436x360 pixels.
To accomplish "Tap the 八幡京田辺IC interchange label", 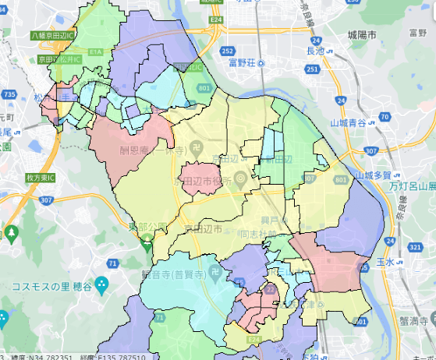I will [52, 36].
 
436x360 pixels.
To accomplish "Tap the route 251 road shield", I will [312, 69].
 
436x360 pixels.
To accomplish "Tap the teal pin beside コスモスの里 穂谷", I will [100, 285].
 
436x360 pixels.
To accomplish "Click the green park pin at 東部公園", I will [147, 244].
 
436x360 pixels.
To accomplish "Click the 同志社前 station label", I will [257, 234].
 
